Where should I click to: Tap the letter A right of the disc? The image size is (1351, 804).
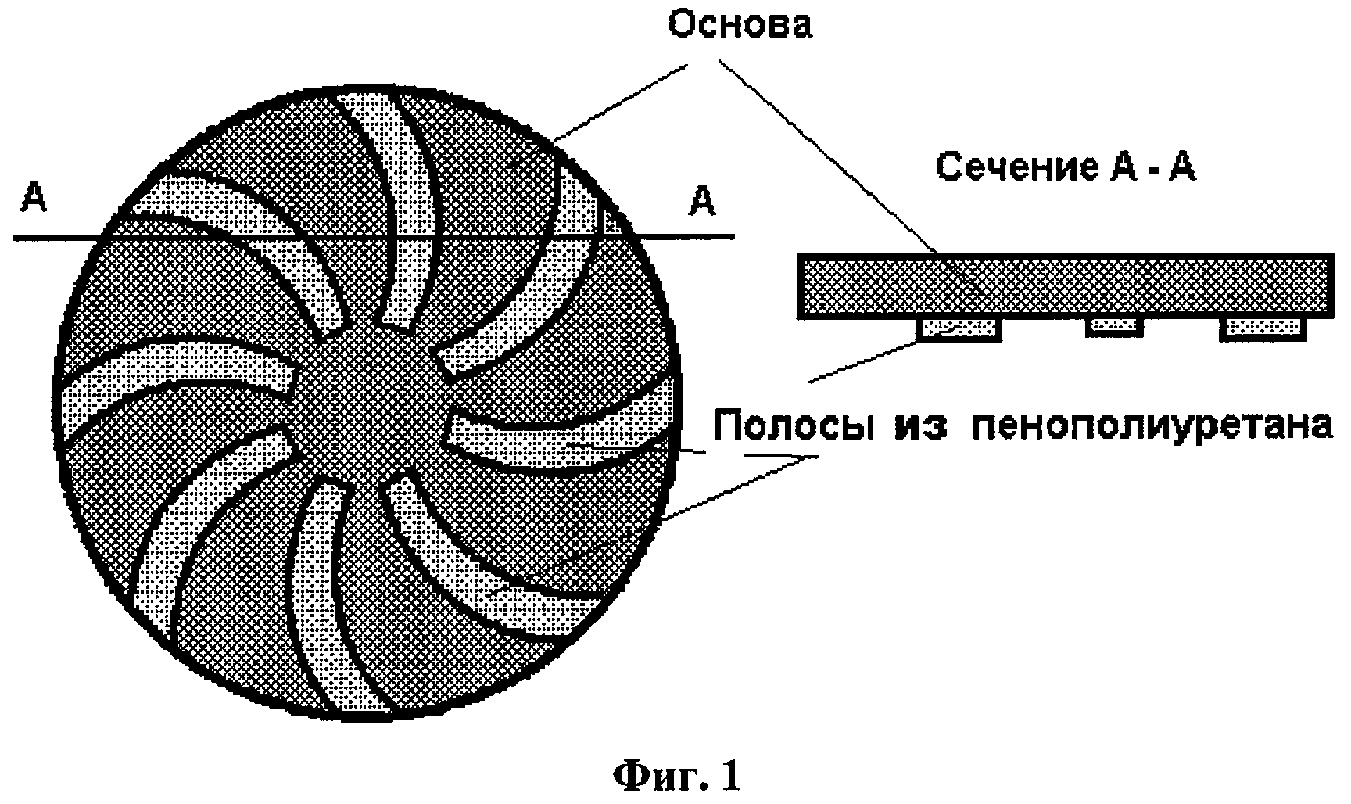(x=702, y=202)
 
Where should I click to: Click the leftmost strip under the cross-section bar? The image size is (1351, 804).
(x=959, y=328)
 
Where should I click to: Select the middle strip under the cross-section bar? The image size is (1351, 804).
(x=1114, y=326)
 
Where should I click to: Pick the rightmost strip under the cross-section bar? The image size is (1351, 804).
(x=1262, y=328)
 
